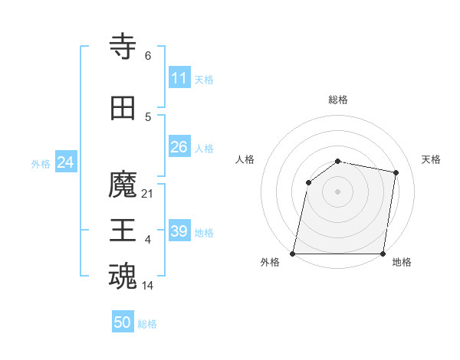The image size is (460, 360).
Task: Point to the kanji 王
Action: tap(123, 231)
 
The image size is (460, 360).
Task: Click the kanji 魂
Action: tap(123, 276)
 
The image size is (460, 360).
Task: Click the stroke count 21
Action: tap(148, 194)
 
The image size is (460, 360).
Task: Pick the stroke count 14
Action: tap(148, 286)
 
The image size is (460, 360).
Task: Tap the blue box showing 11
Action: tap(179, 78)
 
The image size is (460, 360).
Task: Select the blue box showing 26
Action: tap(179, 147)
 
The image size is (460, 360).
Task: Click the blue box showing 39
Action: tap(179, 231)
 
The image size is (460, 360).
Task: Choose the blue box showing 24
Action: tap(66, 162)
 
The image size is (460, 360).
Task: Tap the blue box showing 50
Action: tap(123, 322)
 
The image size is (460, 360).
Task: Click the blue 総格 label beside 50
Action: tap(147, 324)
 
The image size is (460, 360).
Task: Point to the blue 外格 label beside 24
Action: tap(41, 164)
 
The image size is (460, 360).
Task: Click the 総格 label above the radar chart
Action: tap(338, 100)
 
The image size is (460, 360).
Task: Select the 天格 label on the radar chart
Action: tap(432, 159)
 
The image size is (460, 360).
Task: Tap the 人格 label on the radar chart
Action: tap(245, 159)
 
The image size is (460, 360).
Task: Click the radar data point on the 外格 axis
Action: tap(293, 254)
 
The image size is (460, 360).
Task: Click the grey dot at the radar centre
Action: tap(338, 191)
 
